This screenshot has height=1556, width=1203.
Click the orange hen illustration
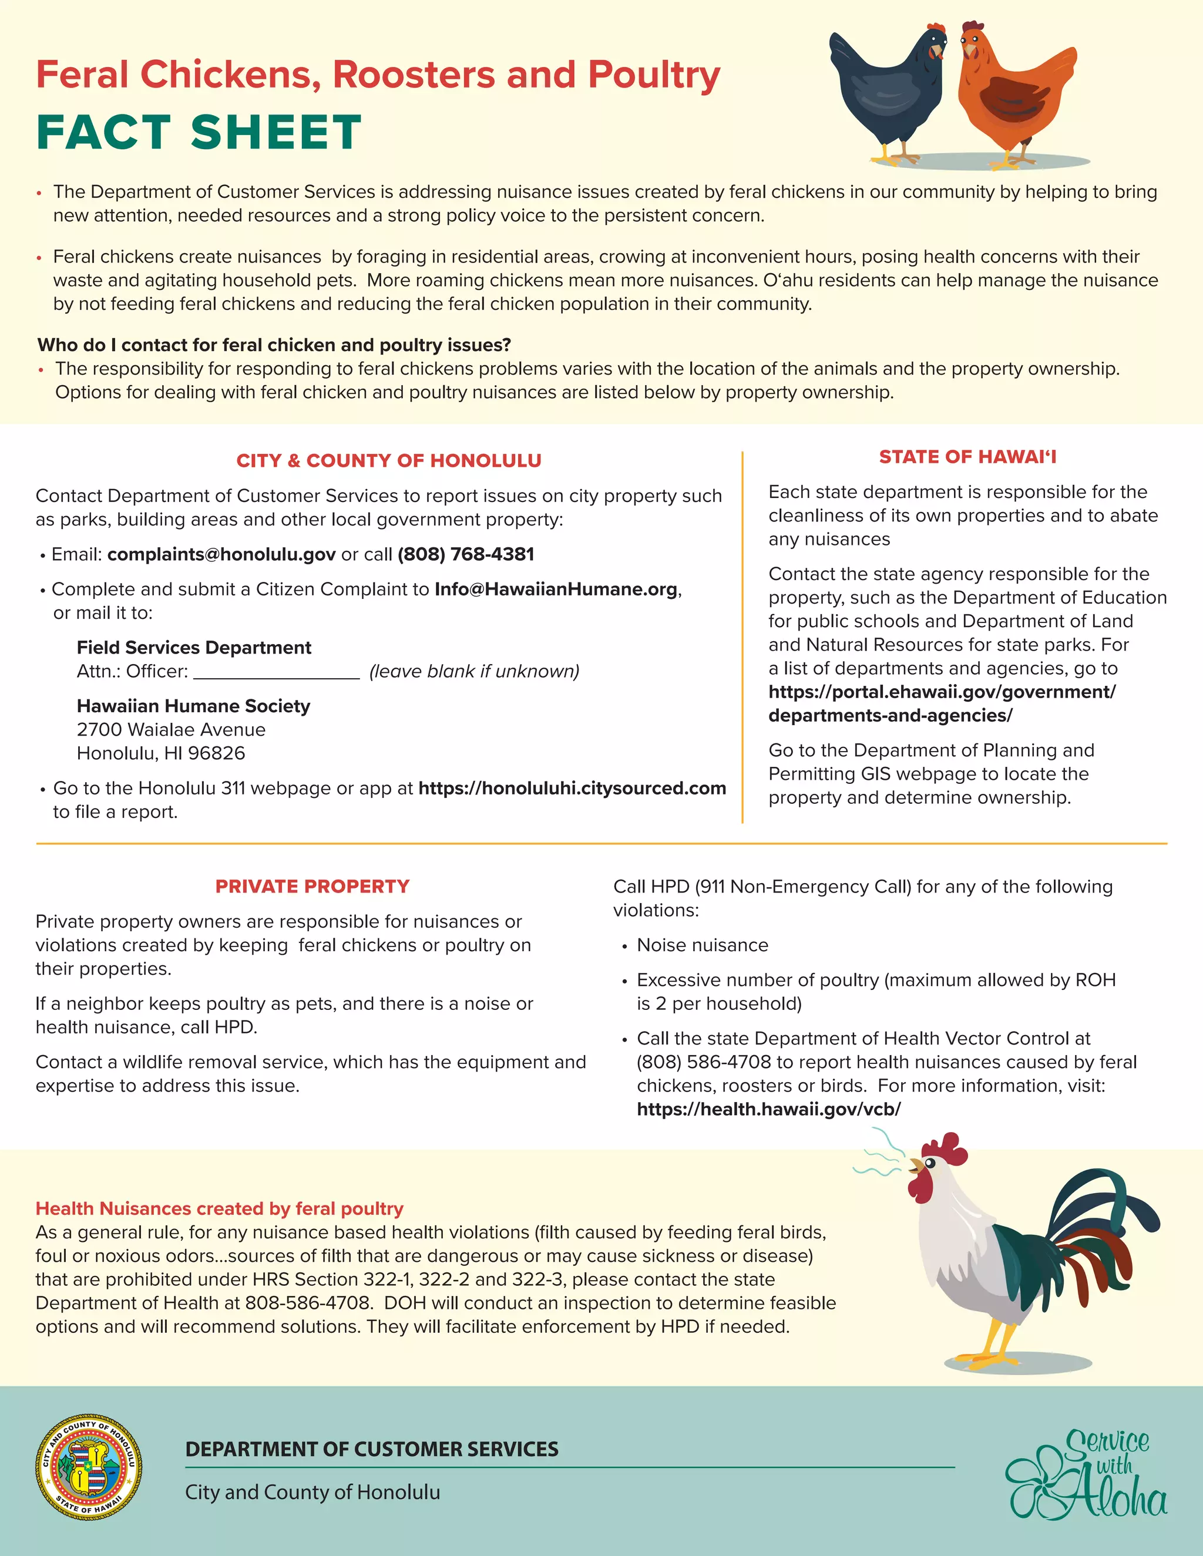[1012, 93]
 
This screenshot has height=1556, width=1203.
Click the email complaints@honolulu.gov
[221, 554]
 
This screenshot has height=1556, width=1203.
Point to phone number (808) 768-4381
[465, 554]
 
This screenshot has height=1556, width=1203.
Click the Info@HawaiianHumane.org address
[556, 589]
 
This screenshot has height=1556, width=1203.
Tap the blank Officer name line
[277, 672]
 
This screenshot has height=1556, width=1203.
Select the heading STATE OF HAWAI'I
[967, 457]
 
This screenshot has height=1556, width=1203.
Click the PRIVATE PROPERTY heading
[312, 886]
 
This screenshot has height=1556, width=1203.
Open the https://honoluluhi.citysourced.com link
[572, 788]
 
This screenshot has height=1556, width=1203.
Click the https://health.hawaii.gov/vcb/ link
[768, 1109]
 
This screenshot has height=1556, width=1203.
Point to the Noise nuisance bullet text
[702, 945]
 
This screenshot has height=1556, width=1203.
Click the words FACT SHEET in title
[199, 133]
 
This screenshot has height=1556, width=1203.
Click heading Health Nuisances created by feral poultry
[220, 1208]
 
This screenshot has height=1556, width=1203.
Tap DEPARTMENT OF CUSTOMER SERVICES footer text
[371, 1449]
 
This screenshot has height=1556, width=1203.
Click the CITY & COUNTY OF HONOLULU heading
[388, 461]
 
